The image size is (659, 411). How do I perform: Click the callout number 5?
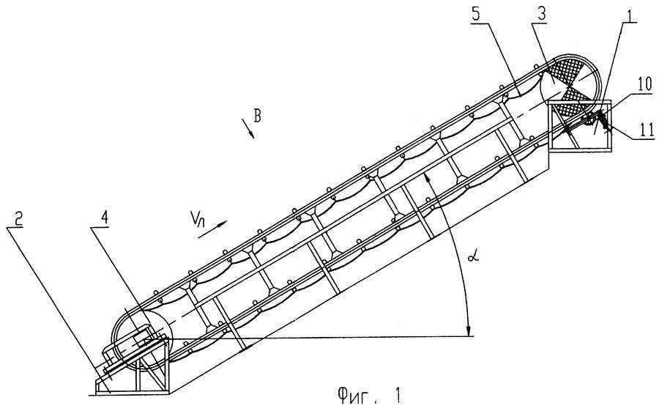[475, 15]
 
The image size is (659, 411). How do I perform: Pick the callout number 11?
[646, 130]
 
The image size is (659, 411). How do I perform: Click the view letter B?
[257, 115]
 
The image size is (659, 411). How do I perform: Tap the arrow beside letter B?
[248, 128]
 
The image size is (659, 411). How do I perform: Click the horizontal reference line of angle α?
[319, 337]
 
